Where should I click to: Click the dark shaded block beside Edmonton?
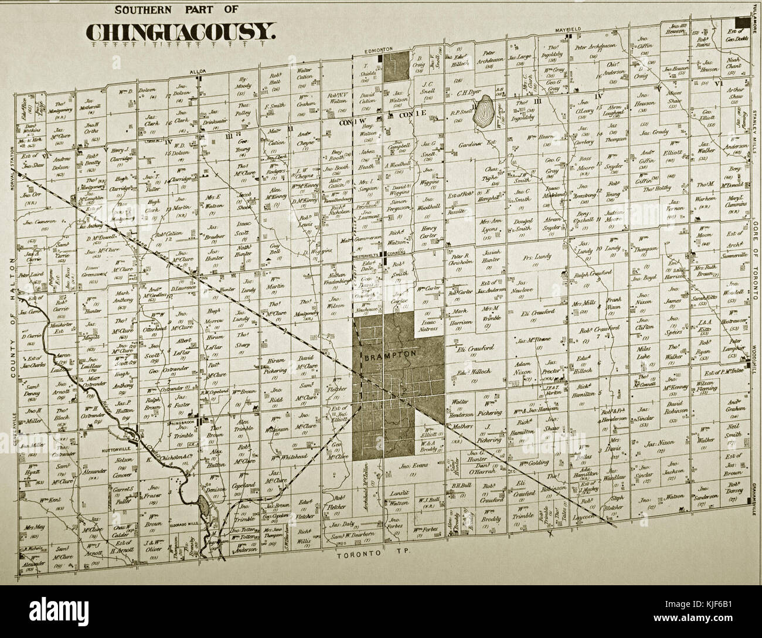pyautogui.click(x=397, y=65)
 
